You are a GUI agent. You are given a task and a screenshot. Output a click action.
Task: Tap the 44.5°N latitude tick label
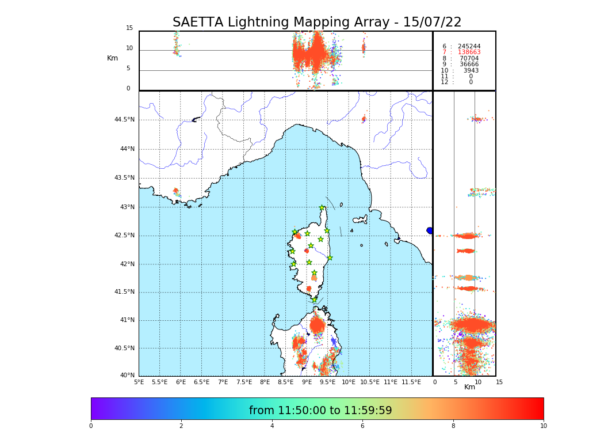tap(124, 120)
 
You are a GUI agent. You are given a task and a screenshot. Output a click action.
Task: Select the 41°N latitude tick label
tap(127, 320)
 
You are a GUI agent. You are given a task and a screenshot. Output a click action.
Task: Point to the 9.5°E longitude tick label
tap(327, 382)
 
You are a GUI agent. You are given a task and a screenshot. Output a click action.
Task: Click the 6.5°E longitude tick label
tap(201, 382)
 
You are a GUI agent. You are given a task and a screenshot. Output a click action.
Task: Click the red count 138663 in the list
tap(469, 52)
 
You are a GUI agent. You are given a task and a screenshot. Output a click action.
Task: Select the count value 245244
tap(469, 46)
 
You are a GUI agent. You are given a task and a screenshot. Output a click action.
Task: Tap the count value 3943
tap(471, 70)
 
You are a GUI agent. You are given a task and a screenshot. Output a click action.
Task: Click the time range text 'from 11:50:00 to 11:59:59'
tap(320, 411)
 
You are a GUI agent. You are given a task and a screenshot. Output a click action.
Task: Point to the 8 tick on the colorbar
tap(453, 426)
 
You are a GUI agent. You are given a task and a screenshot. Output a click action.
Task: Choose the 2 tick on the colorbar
tap(181, 426)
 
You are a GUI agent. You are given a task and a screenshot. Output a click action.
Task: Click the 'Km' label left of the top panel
tap(112, 58)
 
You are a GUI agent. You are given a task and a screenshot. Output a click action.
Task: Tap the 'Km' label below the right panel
tap(469, 387)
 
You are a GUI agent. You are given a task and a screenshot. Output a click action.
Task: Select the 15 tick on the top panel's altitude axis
tap(129, 28)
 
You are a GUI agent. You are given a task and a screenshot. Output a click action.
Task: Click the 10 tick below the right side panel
tap(477, 382)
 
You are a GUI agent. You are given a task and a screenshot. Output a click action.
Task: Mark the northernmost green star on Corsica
tap(322, 208)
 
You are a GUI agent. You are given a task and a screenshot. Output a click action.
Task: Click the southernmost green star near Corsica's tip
tap(314, 300)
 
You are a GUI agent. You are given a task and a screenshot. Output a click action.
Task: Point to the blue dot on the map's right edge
tap(430, 230)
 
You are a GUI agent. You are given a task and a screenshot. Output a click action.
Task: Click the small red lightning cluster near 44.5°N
tap(364, 119)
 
